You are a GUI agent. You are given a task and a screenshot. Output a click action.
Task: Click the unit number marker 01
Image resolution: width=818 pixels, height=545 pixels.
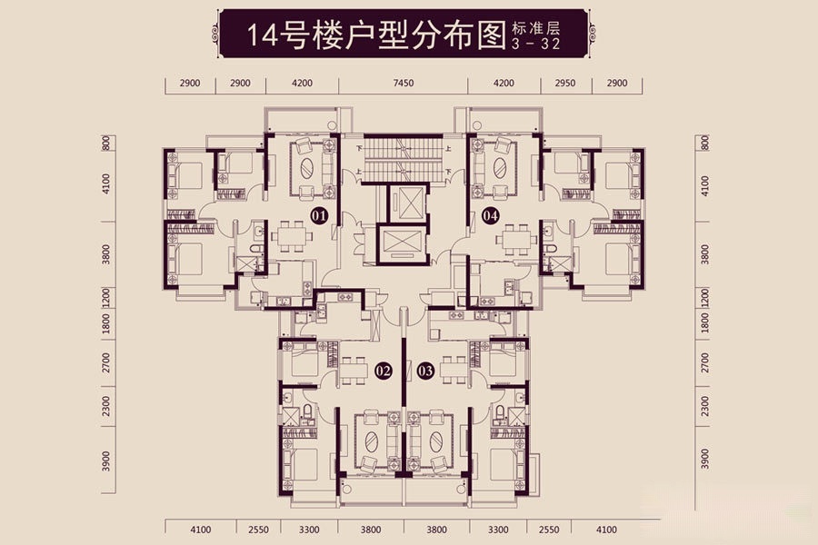318,216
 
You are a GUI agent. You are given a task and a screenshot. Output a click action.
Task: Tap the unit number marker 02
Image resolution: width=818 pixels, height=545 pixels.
383,370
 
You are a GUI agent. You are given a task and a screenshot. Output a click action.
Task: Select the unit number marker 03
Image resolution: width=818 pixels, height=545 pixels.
424,370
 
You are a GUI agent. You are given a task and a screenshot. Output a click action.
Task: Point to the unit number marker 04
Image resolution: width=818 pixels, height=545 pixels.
491,216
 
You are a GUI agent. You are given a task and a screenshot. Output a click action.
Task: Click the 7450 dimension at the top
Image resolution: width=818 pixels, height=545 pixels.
404,83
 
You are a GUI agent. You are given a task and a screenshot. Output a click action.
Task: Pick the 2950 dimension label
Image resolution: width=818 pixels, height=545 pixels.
564,83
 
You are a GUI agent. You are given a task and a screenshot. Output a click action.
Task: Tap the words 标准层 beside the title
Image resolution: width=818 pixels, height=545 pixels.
532,27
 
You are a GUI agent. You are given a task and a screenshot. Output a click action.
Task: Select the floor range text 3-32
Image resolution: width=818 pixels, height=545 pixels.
531,43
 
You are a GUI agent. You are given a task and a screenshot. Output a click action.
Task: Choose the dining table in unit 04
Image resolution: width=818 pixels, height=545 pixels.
516,236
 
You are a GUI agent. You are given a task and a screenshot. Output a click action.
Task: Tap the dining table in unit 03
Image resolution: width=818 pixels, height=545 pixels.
454,368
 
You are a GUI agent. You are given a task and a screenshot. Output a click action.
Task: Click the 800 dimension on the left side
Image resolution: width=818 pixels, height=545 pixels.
106,143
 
